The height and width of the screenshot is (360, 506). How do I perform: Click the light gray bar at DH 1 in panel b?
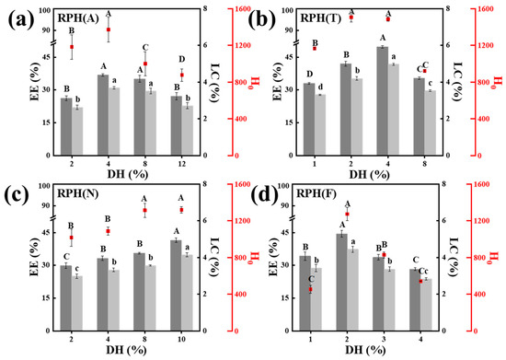pyautogui.click(x=320, y=125)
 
